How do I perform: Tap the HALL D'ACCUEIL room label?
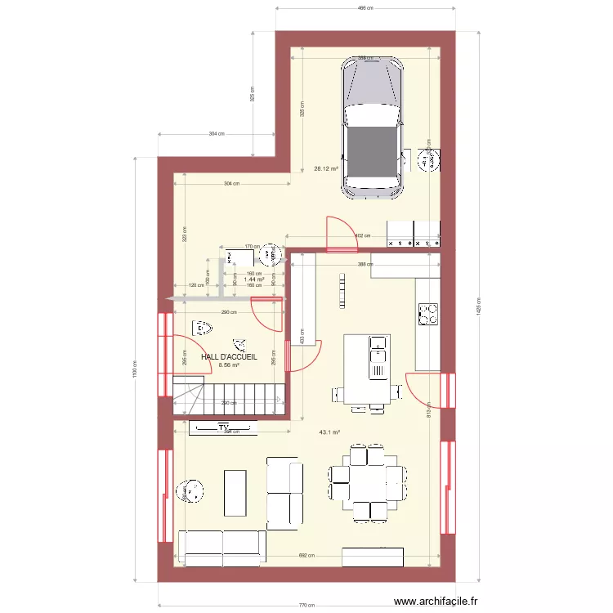pyautogui.click(x=230, y=357)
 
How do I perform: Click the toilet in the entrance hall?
pyautogui.click(x=201, y=329)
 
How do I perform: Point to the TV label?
pyautogui.click(x=223, y=427)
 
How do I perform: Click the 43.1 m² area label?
pyautogui.click(x=329, y=433)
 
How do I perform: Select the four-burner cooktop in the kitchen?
pyautogui.click(x=427, y=313)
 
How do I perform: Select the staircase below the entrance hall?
pyautogui.click(x=229, y=397)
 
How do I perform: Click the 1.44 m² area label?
pyautogui.click(x=254, y=279)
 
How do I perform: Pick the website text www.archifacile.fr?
pyautogui.click(x=438, y=602)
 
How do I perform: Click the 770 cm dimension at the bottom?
pyautogui.click(x=306, y=606)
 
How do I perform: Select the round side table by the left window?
pyautogui.click(x=194, y=490)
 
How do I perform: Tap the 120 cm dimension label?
pyautogui.click(x=196, y=285)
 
